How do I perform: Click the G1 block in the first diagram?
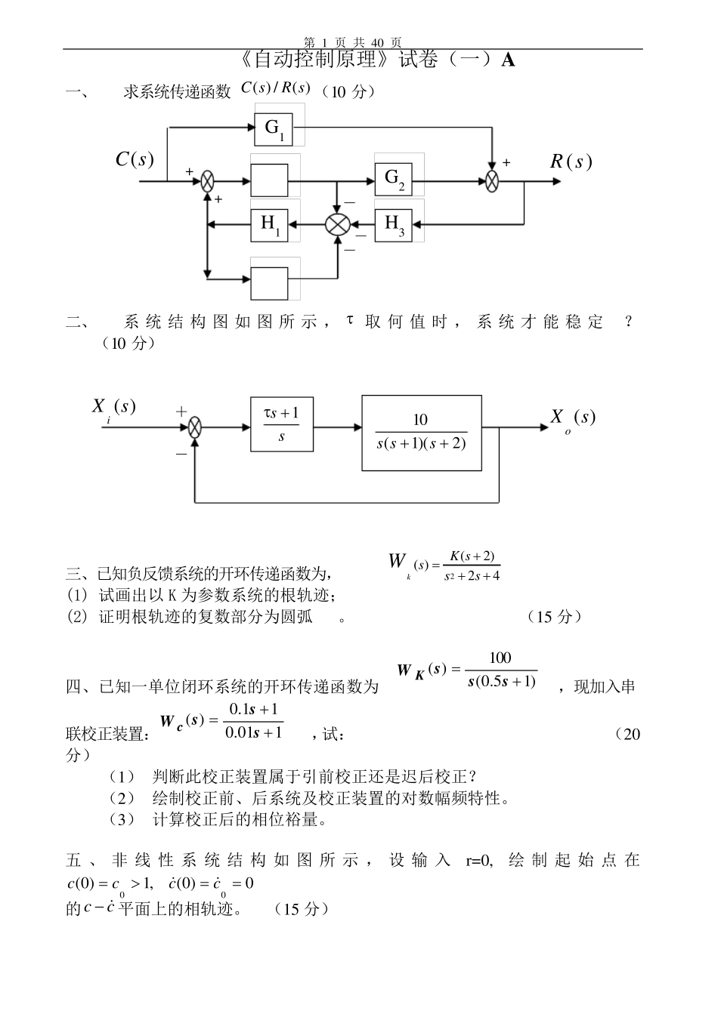point(274,128)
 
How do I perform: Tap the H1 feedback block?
point(269,223)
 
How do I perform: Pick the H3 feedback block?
point(394,223)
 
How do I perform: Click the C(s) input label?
point(134,159)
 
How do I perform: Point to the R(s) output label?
point(570,162)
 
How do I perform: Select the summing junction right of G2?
point(493,181)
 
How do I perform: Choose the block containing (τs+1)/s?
point(282,424)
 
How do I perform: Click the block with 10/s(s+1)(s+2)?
point(421,432)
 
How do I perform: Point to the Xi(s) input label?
point(113,408)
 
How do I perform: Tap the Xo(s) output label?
point(572,418)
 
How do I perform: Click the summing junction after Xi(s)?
point(195,427)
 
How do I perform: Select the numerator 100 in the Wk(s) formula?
point(500,658)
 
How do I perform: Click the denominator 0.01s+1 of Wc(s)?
point(254,732)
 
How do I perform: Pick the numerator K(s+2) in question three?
point(472,556)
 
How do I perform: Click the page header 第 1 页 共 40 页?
point(352,42)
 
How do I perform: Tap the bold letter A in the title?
point(508,60)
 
